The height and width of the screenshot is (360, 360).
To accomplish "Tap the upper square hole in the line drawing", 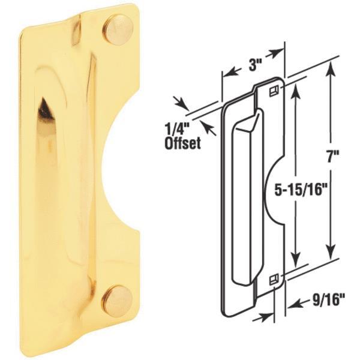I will click(274, 91).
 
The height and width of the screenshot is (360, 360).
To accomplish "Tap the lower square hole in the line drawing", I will click(274, 278).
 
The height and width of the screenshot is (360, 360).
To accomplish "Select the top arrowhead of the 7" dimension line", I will click(329, 68).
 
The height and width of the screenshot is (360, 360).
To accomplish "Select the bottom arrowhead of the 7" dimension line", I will click(329, 253).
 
